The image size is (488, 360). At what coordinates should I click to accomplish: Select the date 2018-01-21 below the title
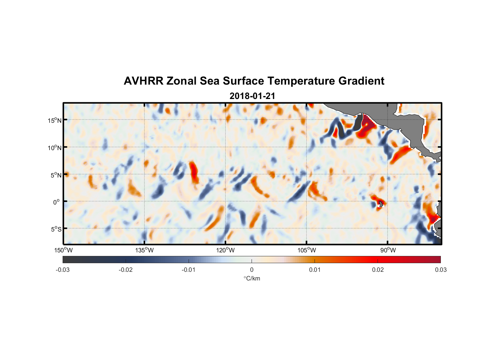point(252,96)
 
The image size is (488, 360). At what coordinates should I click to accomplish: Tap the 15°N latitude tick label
point(54,120)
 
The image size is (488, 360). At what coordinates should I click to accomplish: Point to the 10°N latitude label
point(54,148)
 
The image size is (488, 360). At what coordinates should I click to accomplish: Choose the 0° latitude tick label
point(57,202)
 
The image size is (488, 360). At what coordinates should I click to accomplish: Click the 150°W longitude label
point(63,250)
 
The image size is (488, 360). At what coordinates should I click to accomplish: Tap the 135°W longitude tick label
point(145,250)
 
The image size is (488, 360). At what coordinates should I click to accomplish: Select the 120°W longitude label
point(226,250)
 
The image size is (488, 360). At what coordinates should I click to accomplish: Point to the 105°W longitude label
point(307,250)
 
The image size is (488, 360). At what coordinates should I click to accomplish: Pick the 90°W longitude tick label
point(388,250)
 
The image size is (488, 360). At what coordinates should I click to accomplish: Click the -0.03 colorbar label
point(63,270)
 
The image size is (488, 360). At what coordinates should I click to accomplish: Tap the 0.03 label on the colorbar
point(440,270)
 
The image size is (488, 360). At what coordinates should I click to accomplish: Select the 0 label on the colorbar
point(252,270)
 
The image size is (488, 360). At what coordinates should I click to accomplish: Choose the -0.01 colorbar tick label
point(189,270)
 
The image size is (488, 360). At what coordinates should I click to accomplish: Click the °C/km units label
point(252,278)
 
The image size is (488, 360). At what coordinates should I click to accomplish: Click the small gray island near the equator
point(380,204)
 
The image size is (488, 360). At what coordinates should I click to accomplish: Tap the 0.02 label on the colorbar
point(378,270)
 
